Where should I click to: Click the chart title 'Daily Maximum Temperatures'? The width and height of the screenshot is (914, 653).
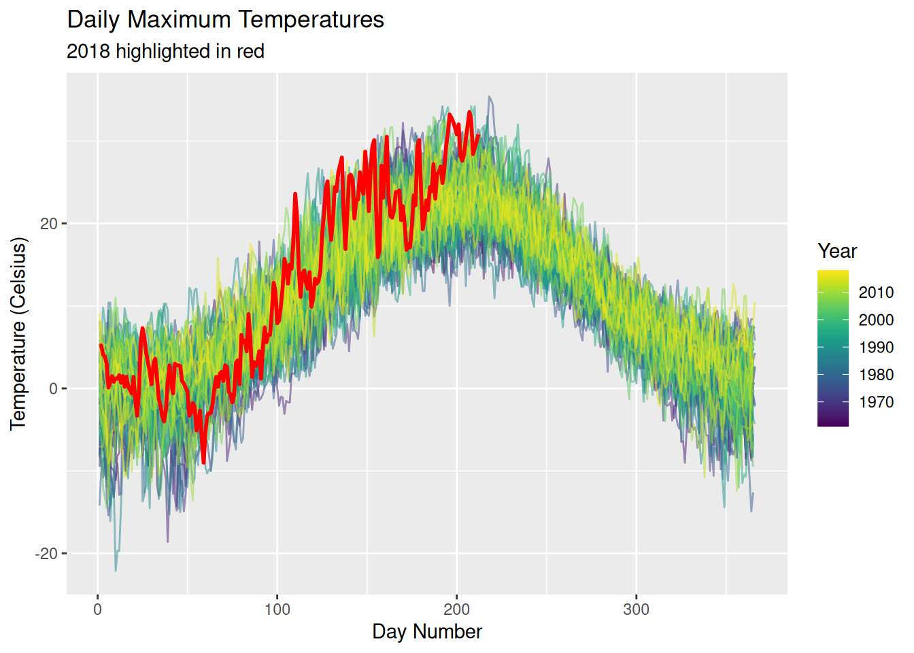[x=225, y=20]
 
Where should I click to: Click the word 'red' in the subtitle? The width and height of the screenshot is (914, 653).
[x=250, y=52]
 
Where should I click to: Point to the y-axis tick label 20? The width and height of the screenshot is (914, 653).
[x=49, y=224]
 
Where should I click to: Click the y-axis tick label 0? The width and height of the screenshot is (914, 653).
[x=54, y=388]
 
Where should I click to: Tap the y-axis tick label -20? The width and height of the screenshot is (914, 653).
[x=46, y=554]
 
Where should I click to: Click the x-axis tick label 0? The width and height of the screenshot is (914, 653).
[x=98, y=609]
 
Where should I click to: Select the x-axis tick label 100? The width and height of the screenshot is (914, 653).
[x=277, y=609]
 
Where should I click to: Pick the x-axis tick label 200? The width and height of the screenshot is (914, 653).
[x=457, y=609]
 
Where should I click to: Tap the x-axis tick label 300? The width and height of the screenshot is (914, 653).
[x=637, y=609]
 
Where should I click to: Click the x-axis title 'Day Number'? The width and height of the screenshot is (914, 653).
[x=427, y=632]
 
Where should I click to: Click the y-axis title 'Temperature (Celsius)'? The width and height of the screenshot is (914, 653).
[x=18, y=333]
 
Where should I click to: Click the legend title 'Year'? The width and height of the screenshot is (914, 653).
[x=837, y=251]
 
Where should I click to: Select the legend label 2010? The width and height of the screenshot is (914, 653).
[x=876, y=292]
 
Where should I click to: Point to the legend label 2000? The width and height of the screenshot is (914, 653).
[x=876, y=320]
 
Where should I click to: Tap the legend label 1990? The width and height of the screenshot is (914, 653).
[x=876, y=348]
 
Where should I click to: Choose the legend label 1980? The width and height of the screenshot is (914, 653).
[x=876, y=375]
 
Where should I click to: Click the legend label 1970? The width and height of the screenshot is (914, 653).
[x=876, y=402]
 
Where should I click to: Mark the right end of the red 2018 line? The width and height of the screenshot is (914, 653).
[x=478, y=136]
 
